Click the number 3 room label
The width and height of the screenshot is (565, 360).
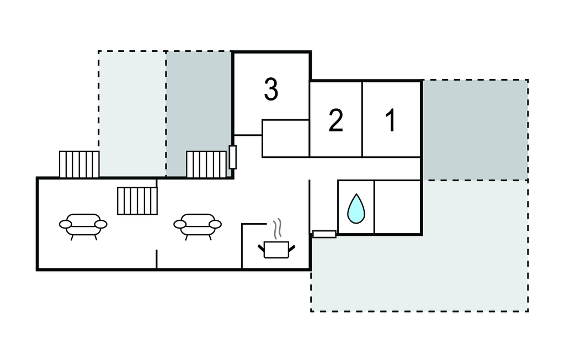click(271, 89)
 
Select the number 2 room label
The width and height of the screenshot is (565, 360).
click(335, 120)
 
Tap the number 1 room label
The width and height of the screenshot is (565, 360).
click(391, 120)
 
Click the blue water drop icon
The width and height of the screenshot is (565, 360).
click(356, 209)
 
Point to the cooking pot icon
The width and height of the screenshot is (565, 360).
click(276, 250)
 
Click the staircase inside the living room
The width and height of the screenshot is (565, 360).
click(137, 201)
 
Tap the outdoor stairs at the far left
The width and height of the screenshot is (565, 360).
click(79, 164)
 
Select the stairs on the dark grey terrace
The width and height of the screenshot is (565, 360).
click(206, 164)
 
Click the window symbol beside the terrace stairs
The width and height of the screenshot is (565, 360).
click(233, 157)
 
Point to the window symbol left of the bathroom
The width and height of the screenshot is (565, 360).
click(324, 234)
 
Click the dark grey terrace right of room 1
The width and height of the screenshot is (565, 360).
click(475, 130)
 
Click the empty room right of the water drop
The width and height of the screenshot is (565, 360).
click(397, 207)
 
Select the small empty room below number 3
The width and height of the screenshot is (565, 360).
click(285, 139)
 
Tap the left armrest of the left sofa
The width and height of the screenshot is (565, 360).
click(65, 224)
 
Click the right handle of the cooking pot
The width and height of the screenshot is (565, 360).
click(292, 248)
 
